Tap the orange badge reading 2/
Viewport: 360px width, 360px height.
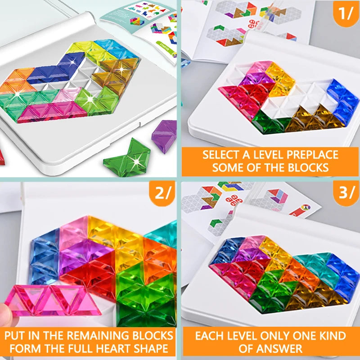pyautogui.click(x=162, y=194)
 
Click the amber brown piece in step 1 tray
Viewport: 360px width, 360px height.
pyautogui.click(x=310, y=119)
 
